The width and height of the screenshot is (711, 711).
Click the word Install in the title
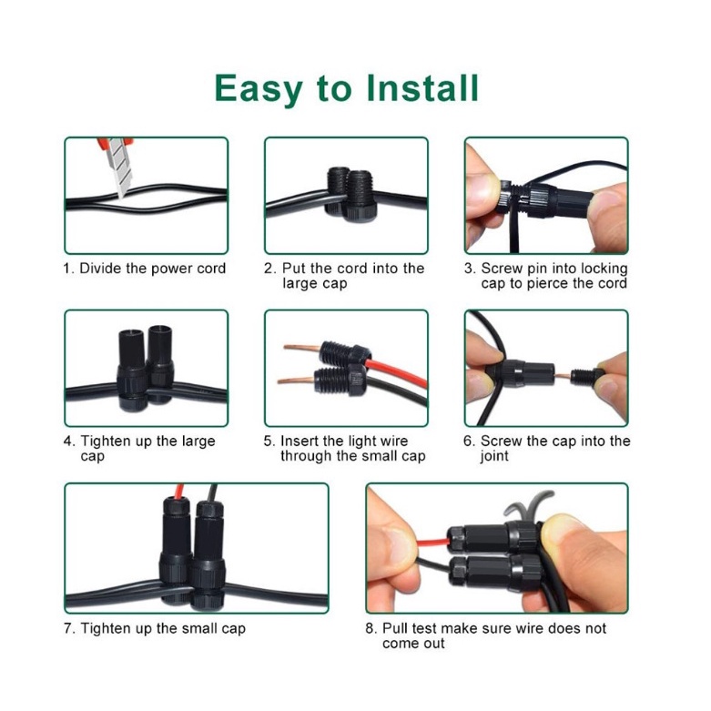422,88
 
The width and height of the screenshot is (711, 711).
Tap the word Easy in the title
259,90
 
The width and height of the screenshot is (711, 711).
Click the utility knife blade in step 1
119,167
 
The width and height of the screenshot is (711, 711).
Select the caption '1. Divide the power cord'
145,269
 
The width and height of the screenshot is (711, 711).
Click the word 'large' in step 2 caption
300,284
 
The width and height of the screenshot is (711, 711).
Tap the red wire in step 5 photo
397,372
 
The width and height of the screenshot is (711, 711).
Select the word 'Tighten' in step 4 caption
105,442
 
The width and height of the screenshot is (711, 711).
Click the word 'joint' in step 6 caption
494,456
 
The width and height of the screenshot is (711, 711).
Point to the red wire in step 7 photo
179,491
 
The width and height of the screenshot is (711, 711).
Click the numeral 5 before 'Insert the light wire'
268,442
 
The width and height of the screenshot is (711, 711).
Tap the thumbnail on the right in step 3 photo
610,199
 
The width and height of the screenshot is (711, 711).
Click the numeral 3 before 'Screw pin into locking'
468,269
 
